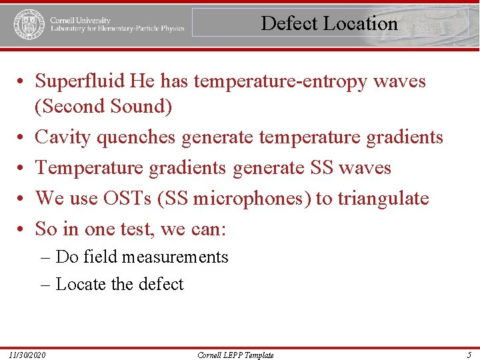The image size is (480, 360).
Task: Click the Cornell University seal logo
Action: coord(26,24)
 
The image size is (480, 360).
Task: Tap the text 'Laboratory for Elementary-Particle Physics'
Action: coord(117,29)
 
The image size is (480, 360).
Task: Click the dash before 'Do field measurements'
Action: coord(45,257)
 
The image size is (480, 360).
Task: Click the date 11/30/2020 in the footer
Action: coord(28,355)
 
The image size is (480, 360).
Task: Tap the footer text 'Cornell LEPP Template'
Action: coord(235,355)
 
